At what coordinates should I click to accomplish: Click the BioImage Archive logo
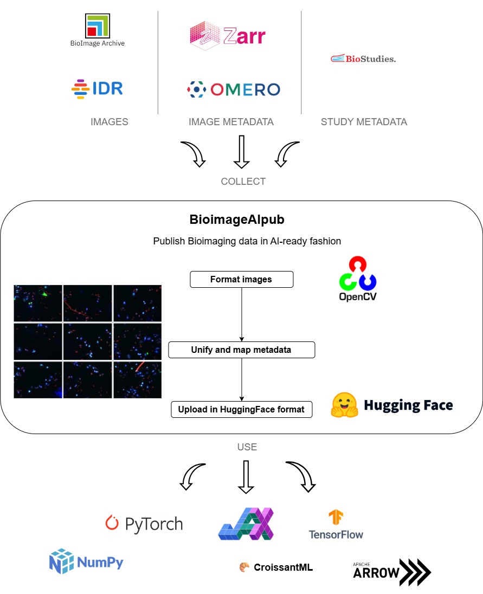pyautogui.click(x=98, y=30)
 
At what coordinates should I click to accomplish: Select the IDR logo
pyautogui.click(x=98, y=89)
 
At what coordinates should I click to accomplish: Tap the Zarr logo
pyautogui.click(x=228, y=36)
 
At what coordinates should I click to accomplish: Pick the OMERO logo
pyautogui.click(x=234, y=89)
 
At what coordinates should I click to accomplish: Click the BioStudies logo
pyautogui.click(x=363, y=59)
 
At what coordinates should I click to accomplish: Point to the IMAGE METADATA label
pyautogui.click(x=231, y=122)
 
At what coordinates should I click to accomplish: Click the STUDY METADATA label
pyautogui.click(x=364, y=122)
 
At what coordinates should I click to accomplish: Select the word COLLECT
pyautogui.click(x=243, y=182)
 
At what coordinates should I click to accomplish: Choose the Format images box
pyautogui.click(x=241, y=280)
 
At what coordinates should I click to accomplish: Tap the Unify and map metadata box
pyautogui.click(x=241, y=350)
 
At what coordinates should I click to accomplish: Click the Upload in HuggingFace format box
pyautogui.click(x=242, y=409)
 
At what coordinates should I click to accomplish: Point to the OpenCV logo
pyautogui.click(x=358, y=279)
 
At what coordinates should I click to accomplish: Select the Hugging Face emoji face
pyautogui.click(x=345, y=405)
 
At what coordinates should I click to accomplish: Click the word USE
pyautogui.click(x=247, y=447)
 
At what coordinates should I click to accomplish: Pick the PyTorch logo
pyautogui.click(x=144, y=524)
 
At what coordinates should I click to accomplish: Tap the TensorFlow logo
pyautogui.click(x=336, y=525)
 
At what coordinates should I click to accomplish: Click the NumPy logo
pyautogui.click(x=87, y=561)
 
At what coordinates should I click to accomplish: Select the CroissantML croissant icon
pyautogui.click(x=244, y=567)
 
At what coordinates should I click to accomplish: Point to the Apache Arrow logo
pyautogui.click(x=391, y=572)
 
